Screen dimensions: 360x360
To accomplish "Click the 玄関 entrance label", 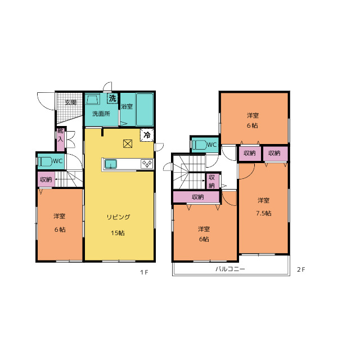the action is [70, 102].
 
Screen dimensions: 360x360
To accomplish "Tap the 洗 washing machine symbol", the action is [112, 98].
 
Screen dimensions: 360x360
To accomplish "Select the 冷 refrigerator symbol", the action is [147, 135].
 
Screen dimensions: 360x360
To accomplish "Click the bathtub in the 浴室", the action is [145, 110].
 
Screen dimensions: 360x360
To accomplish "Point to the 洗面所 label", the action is [101, 114].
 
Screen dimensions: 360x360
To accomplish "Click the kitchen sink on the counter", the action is [111, 164].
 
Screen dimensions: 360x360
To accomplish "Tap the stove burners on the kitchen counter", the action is [147, 164].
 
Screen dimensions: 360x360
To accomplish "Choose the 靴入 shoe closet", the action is [61, 139].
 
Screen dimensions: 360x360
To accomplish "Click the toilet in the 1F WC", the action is [46, 161].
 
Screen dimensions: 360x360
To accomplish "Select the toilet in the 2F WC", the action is [199, 145].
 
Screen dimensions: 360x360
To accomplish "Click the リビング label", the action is [118, 217].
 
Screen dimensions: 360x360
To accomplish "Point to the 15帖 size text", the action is [118, 233].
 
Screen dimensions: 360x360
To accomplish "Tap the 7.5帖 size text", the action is [264, 213].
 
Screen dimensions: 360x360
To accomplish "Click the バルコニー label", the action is [230, 269].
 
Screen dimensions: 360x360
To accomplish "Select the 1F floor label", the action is [144, 272].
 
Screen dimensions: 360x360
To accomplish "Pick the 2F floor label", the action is [301, 269].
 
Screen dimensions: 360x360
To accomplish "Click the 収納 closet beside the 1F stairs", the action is [46, 179].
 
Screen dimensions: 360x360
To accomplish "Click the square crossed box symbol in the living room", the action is [128, 144].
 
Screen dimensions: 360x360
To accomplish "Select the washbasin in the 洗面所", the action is [93, 99].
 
